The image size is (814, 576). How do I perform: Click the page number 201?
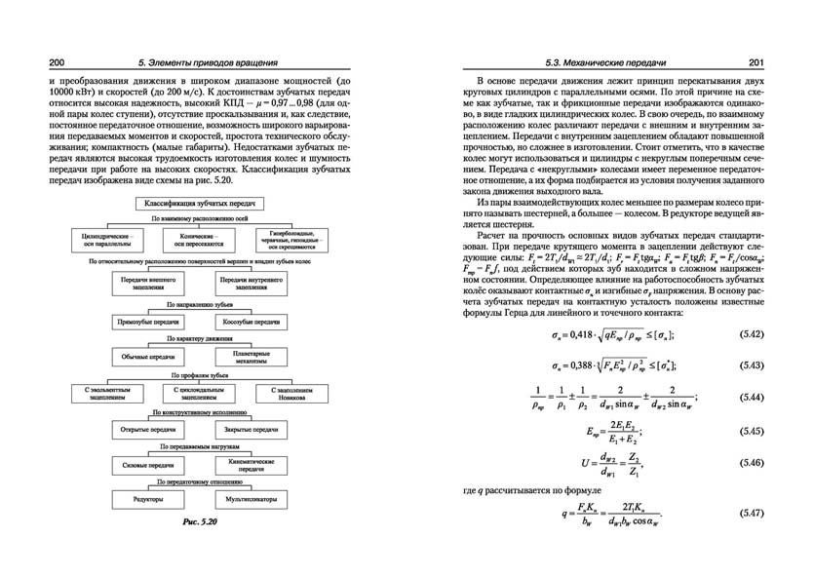756,63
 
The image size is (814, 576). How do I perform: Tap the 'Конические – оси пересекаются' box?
200,239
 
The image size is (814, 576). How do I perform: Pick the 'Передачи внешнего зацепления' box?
148,284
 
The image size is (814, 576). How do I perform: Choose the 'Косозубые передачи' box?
250,320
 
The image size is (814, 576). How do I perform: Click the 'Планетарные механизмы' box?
250,357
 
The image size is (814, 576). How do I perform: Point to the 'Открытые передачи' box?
148,429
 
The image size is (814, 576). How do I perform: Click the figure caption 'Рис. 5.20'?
202,523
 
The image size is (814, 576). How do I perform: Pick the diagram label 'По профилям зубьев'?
200,375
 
